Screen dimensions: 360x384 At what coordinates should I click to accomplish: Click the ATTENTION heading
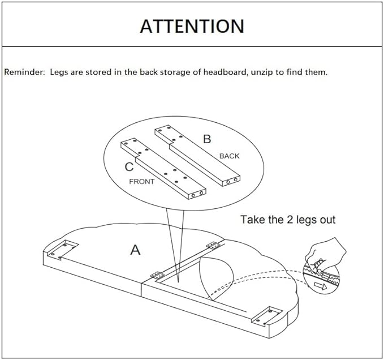(192, 26)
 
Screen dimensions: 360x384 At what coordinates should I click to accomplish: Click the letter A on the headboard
(135, 249)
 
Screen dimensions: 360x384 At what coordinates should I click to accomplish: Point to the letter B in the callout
(207, 139)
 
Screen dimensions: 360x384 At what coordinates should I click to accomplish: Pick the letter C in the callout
(130, 166)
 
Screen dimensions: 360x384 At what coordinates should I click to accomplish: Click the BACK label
(230, 156)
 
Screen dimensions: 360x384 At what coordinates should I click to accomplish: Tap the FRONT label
(142, 182)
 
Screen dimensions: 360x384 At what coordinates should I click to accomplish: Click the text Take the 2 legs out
(288, 219)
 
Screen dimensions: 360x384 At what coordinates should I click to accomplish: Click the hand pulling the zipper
(327, 252)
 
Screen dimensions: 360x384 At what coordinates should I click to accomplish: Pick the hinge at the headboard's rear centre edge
(213, 245)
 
